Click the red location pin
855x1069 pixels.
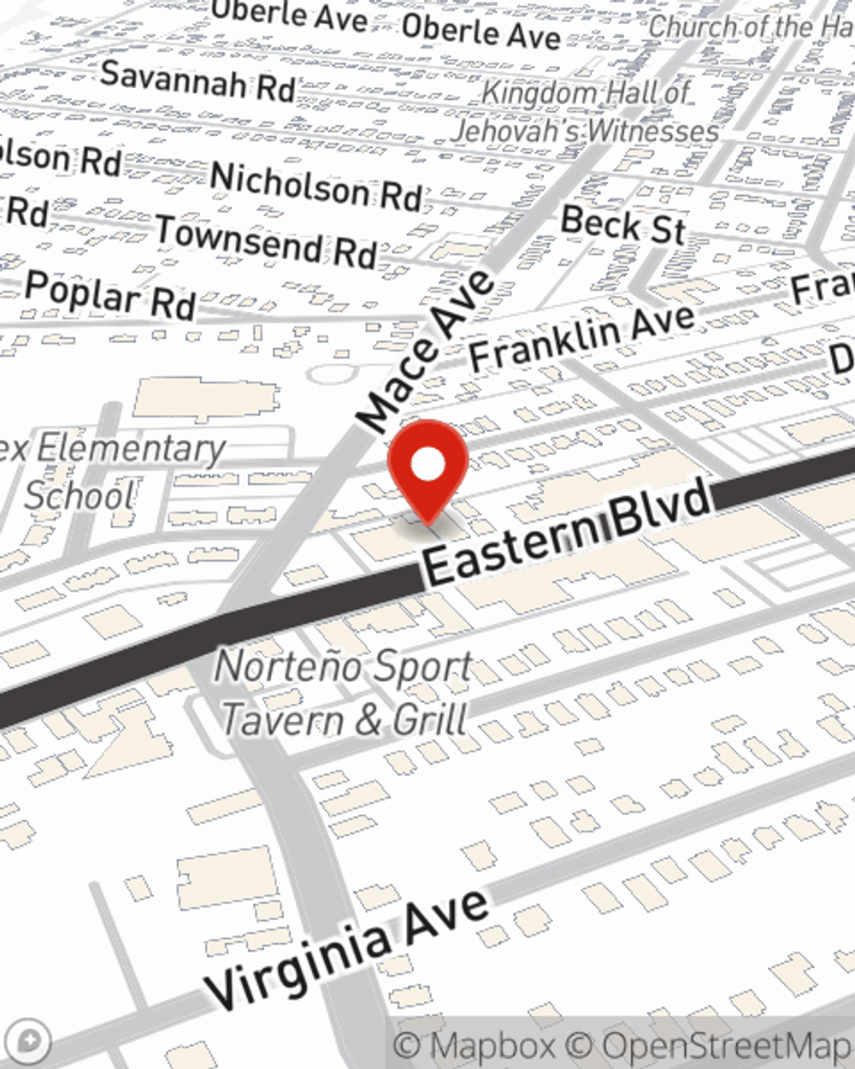click(427, 467)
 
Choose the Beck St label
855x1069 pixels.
click(623, 226)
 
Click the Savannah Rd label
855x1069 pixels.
click(198, 80)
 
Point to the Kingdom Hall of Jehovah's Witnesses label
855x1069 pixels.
click(586, 112)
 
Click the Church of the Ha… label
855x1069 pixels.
click(751, 27)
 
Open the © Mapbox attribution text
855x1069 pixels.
click(475, 1046)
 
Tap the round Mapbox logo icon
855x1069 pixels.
click(31, 1042)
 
